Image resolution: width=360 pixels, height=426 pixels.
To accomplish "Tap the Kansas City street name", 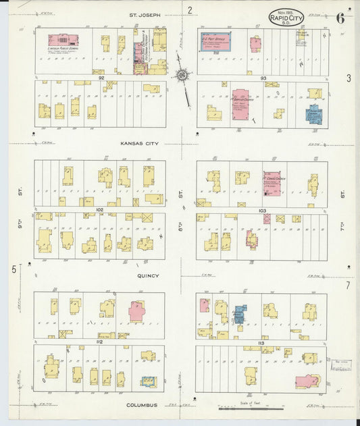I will click(x=139, y=143).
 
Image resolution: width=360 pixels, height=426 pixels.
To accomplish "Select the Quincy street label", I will click(x=148, y=275).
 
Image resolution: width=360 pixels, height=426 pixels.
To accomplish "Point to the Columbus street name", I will click(x=141, y=405).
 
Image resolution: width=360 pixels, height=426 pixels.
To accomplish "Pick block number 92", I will click(x=101, y=78).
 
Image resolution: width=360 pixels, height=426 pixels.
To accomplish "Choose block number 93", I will click(x=263, y=78).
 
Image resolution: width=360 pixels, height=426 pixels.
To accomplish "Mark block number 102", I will click(x=99, y=209).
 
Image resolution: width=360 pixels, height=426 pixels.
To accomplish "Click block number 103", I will click(x=262, y=211).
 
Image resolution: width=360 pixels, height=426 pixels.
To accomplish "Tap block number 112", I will click(x=99, y=342).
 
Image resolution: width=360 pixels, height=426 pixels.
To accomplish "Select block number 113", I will click(x=261, y=342).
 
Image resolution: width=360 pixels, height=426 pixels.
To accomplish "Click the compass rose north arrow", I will click(x=182, y=75).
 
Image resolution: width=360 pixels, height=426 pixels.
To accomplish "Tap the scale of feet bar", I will click(x=251, y=409).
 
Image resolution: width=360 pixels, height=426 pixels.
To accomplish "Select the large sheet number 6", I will click(x=340, y=18).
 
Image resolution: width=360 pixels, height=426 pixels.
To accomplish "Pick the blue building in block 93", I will click(x=314, y=114).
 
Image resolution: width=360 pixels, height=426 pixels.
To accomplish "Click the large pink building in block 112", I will click(x=136, y=311).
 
